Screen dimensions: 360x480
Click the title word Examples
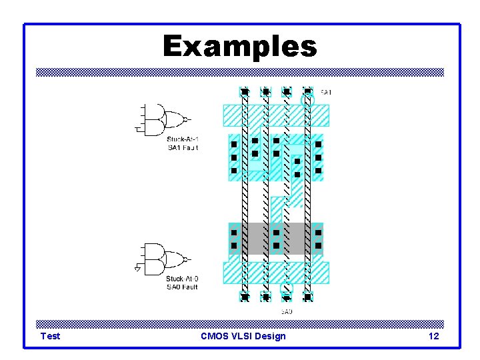240,47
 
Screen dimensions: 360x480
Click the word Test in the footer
50,336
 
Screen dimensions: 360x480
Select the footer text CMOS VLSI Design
243,336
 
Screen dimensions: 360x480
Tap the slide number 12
433,336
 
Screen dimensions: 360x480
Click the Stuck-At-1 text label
183,139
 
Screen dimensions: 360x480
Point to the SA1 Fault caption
183,147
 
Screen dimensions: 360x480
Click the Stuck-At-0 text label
182,279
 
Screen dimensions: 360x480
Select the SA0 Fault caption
182,287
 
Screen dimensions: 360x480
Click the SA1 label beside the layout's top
326,92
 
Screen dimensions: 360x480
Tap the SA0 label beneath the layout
286,311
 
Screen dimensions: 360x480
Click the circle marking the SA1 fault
307,101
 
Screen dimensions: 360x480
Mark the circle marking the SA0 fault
286,289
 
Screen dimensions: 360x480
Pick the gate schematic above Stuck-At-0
163,259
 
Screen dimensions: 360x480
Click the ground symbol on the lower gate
137,269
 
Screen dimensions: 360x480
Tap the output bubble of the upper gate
186,119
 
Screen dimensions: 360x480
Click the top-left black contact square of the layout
245,91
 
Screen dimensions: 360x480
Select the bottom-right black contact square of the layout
307,297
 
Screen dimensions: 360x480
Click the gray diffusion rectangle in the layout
276,239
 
